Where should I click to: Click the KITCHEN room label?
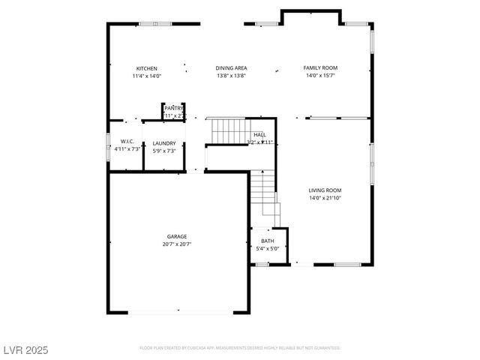pyautogui.click(x=146, y=68)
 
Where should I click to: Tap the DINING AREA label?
pyautogui.click(x=231, y=68)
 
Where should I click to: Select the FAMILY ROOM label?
pyautogui.click(x=320, y=68)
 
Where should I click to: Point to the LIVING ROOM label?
pyautogui.click(x=325, y=190)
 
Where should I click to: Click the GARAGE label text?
pyautogui.click(x=177, y=236)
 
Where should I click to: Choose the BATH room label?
pyautogui.click(x=268, y=241)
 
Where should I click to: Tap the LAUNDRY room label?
pyautogui.click(x=164, y=143)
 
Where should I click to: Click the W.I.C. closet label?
pyautogui.click(x=127, y=141)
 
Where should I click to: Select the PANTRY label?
pyautogui.click(x=174, y=108)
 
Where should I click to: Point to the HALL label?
pyautogui.click(x=259, y=135)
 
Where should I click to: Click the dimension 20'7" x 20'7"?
pyautogui.click(x=177, y=244)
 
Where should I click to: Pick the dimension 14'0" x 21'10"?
pyautogui.click(x=325, y=198)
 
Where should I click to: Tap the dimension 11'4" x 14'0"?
pyautogui.click(x=146, y=76)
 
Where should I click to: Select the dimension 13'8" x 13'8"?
pyautogui.click(x=231, y=76)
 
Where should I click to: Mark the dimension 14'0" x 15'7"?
pyautogui.click(x=320, y=76)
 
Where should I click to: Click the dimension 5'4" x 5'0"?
pyautogui.click(x=268, y=249)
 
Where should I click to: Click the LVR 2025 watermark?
pyautogui.click(x=25, y=349)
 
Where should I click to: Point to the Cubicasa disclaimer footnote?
pyautogui.click(x=240, y=348)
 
